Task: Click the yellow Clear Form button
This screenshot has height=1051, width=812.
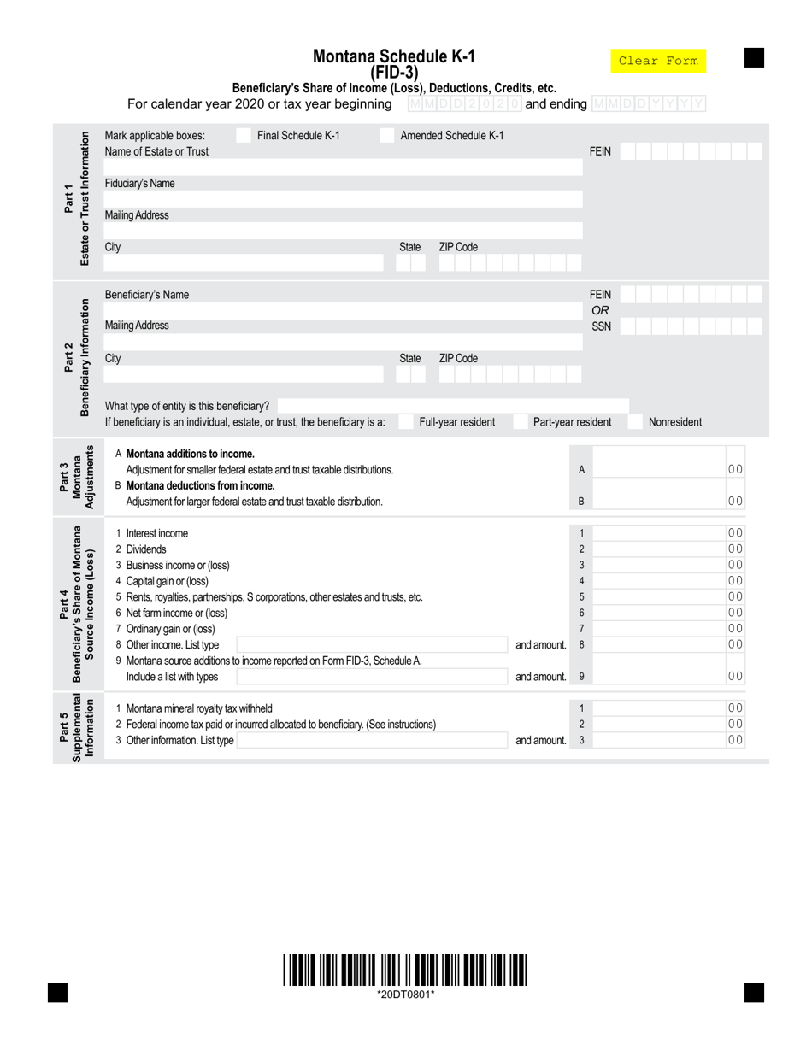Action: coord(658,61)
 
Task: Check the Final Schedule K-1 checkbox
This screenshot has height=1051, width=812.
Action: coord(244,135)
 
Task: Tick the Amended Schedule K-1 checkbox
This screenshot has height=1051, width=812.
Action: coord(386,135)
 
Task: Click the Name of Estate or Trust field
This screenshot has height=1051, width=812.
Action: coord(342,167)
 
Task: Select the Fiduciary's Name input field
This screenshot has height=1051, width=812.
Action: coord(342,199)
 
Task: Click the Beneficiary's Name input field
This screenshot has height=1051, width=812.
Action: coord(342,310)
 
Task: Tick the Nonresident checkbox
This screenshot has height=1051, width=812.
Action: coord(636,422)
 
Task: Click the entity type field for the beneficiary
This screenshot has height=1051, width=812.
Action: coord(453,406)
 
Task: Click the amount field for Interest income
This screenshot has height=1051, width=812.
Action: coord(658,533)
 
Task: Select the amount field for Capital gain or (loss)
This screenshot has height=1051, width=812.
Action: coord(658,581)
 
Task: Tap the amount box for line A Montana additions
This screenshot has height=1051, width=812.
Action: coord(658,469)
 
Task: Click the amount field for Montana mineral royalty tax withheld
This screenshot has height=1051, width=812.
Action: coord(658,708)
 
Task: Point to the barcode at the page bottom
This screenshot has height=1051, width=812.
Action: coord(405,971)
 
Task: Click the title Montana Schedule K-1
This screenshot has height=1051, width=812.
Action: coord(394,56)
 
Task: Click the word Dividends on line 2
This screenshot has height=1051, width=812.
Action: coord(146,549)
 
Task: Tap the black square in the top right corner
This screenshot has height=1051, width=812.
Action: coord(754,57)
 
